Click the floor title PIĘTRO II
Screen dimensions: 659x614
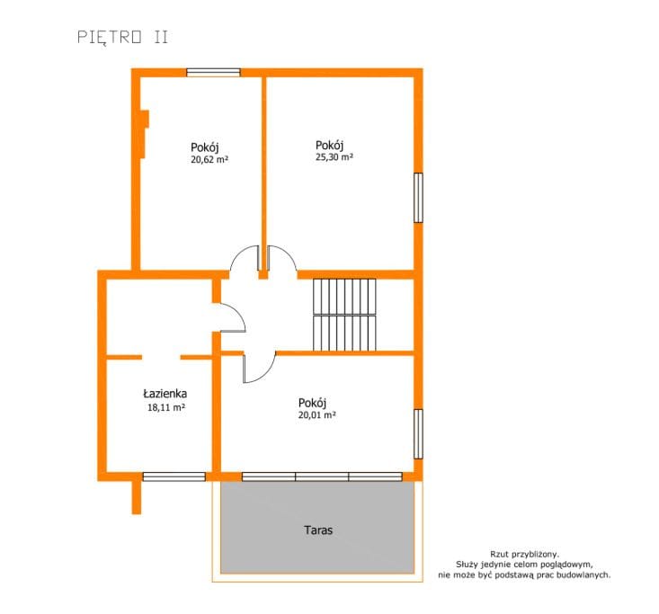coord(123,37)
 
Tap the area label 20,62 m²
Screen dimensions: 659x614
coord(209,159)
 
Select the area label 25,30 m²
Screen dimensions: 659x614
coord(334,156)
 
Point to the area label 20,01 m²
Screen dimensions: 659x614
coord(316,414)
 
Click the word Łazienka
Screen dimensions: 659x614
coord(165,394)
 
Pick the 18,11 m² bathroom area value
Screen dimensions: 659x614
coord(166,407)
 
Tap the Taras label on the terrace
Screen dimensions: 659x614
coord(318,530)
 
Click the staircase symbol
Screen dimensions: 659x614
coord(344,315)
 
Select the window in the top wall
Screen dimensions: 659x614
coord(213,72)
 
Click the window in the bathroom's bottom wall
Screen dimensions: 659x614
coord(174,476)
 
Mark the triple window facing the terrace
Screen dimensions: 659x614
coord(322,476)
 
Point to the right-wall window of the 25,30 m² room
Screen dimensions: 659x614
coord(418,197)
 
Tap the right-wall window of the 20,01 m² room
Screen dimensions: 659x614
coord(418,433)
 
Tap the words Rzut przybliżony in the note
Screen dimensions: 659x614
coord(524,555)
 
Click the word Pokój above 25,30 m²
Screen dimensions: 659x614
coord(329,146)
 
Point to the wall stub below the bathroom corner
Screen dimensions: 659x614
coord(137,497)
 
